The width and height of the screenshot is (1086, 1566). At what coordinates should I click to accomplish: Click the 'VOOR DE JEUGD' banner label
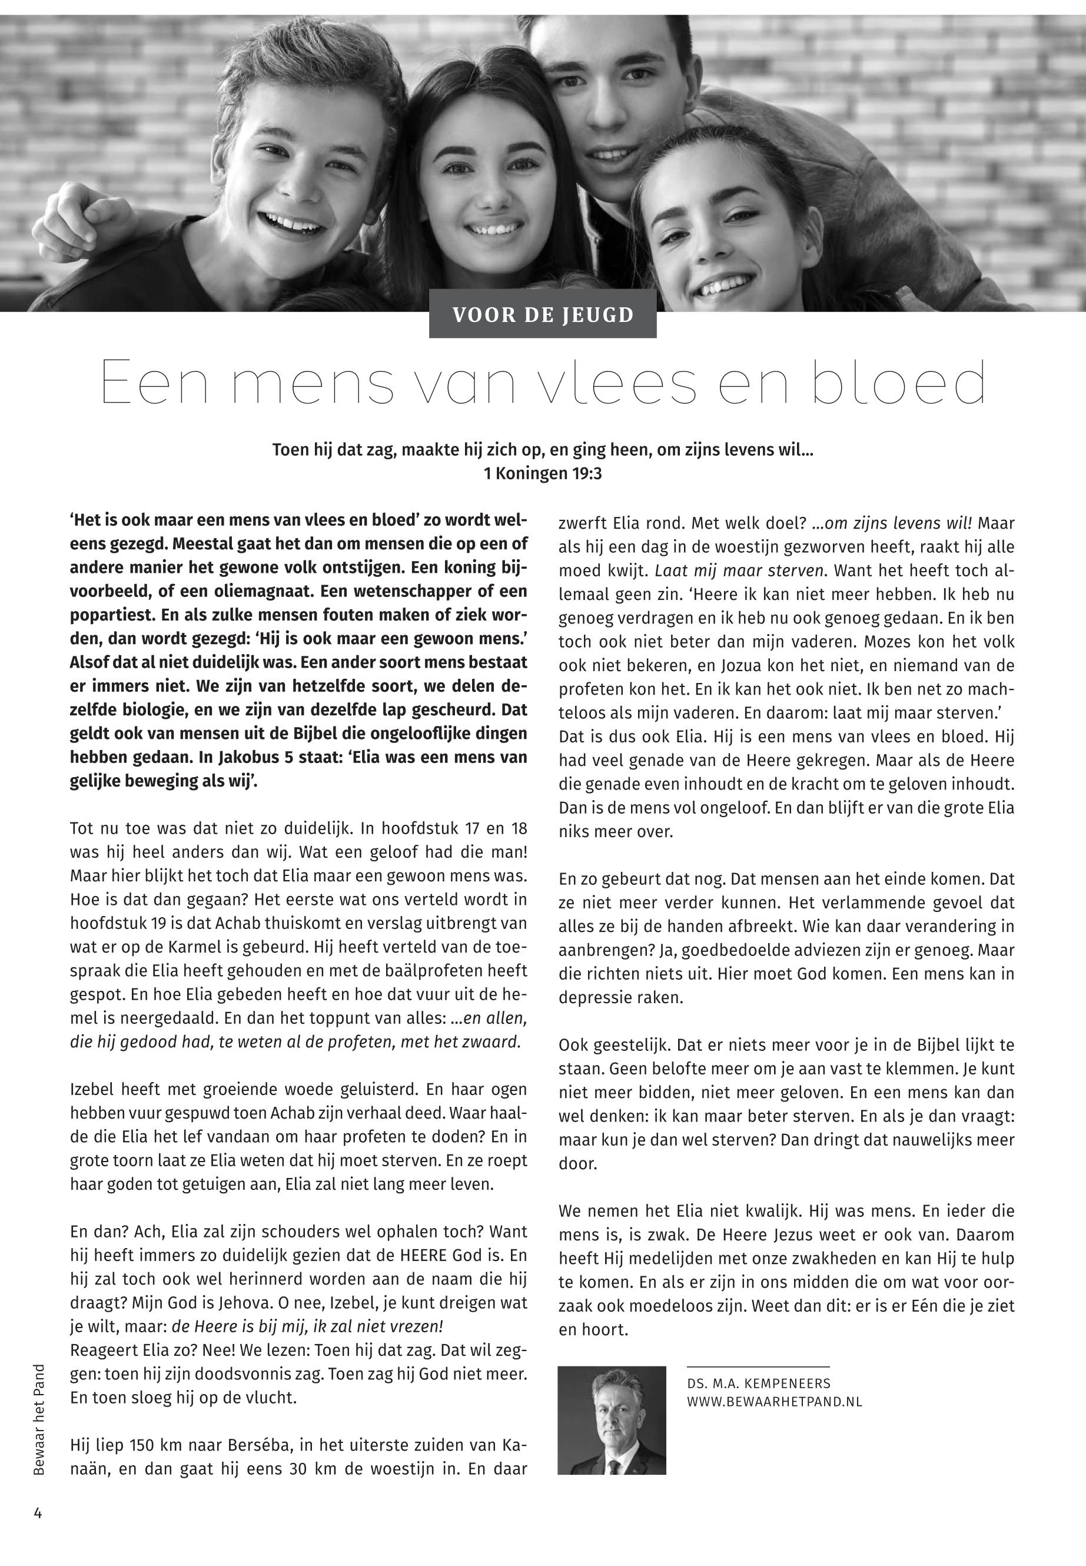[542, 315]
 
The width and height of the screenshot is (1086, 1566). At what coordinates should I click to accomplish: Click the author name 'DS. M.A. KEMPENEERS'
[759, 1383]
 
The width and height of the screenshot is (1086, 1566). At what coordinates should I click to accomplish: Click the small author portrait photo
[611, 1429]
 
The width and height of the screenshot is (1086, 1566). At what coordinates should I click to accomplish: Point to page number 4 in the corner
[38, 1513]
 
